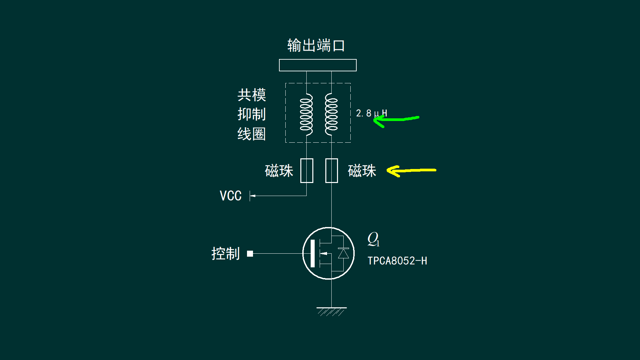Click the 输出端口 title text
[316, 45]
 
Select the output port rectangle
[318, 65]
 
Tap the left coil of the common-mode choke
[306, 114]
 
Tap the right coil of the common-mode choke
[331, 114]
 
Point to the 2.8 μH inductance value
[371, 113]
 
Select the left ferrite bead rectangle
[307, 171]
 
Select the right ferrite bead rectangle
[332, 171]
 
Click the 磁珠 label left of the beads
[279, 171]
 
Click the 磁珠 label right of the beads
[362, 171]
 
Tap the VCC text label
[230, 196]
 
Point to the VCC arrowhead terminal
[252, 196]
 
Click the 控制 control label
[226, 254]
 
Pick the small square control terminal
[250, 254]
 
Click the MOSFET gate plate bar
[312, 253]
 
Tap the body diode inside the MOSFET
[343, 253]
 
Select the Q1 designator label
[373, 239]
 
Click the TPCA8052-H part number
[397, 261]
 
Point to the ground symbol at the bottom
[331, 311]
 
